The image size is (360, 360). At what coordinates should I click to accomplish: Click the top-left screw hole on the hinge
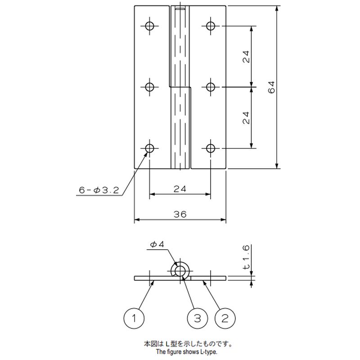coord(150,26)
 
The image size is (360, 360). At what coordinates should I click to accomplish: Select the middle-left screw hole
coord(150,87)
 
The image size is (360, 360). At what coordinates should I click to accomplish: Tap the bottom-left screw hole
coord(150,148)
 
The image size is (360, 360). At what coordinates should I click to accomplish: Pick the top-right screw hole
coord(211,26)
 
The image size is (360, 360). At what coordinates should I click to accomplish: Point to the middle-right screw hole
coord(211,87)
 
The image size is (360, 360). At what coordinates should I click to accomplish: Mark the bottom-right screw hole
coord(211,148)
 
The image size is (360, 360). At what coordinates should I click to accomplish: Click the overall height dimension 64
coord(271,87)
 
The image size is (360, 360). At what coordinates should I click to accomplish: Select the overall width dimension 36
coord(180,215)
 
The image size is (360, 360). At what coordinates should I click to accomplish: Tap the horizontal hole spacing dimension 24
coord(180,189)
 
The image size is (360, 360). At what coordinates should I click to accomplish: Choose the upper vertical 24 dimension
coord(246,57)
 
